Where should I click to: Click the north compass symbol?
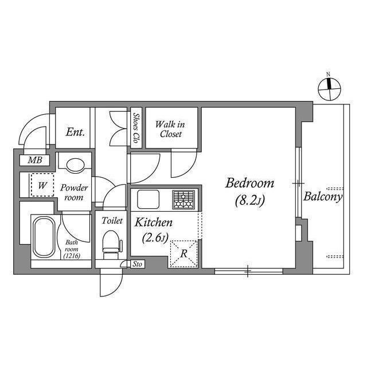click(329, 87)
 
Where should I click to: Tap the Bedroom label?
click(249, 183)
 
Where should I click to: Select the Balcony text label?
click(323, 197)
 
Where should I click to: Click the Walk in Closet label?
click(170, 129)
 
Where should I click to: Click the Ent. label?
click(75, 132)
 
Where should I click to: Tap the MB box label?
click(35, 161)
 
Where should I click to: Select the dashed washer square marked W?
click(42, 185)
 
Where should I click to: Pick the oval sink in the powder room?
click(75, 165)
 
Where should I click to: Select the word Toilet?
click(112, 220)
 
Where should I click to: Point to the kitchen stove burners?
click(184, 200)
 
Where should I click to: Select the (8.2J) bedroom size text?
click(249, 202)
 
